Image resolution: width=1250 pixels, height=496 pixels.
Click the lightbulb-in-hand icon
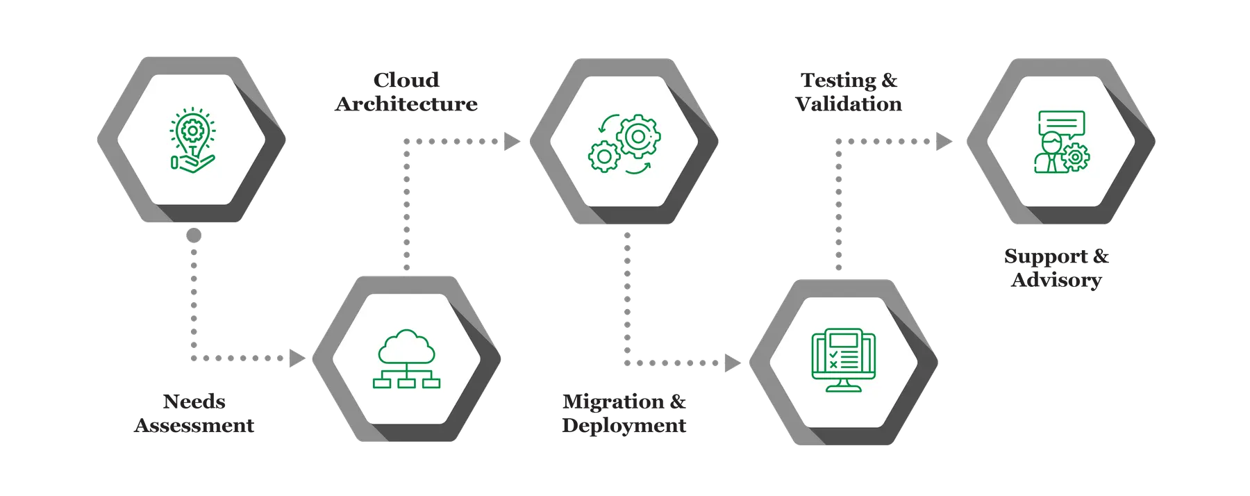coord(192,139)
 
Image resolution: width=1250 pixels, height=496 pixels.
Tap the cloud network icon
coord(406,359)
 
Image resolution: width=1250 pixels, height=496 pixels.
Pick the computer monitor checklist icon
coord(844,361)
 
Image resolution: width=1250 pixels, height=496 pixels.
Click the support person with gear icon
coord(1061,142)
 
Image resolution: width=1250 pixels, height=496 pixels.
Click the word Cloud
coord(406,81)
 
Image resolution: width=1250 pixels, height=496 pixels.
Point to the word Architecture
coord(406,104)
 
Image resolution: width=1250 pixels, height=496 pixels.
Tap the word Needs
coord(194,402)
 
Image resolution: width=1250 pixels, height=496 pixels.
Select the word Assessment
coord(194,425)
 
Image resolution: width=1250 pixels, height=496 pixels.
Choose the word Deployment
coord(624,425)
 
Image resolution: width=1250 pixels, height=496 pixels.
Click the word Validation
coord(849,104)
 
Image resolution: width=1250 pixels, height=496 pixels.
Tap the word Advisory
coord(1056,281)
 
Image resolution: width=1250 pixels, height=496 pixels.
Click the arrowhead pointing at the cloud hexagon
coord(297,358)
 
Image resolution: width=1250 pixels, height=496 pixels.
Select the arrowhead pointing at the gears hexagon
coord(511,142)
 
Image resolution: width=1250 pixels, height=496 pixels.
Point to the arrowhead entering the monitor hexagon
coord(732,363)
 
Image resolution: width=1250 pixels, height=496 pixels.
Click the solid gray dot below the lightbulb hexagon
coord(194,235)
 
